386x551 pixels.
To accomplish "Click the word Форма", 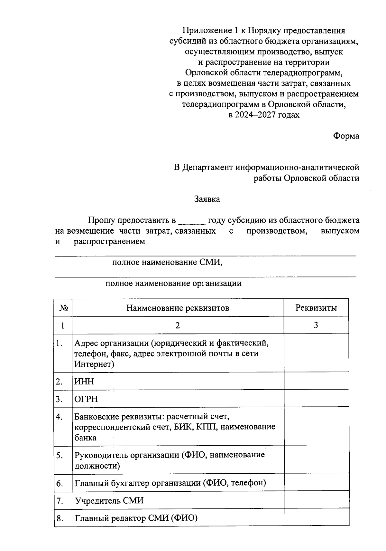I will pyautogui.click(x=346, y=136).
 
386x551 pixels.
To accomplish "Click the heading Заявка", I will pyautogui.click(x=207, y=199).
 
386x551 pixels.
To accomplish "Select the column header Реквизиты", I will pyautogui.click(x=316, y=308).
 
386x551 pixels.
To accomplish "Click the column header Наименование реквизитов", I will pyautogui.click(x=178, y=308).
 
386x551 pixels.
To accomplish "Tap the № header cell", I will pyautogui.click(x=63, y=308).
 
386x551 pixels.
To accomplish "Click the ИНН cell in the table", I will pyautogui.click(x=84, y=382).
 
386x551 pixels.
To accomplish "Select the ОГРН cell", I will pyautogui.click(x=86, y=399).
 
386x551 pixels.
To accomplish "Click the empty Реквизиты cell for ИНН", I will pyautogui.click(x=316, y=381).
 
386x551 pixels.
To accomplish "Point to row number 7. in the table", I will pyautogui.click(x=60, y=501).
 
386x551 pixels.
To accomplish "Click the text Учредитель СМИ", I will pyautogui.click(x=109, y=501).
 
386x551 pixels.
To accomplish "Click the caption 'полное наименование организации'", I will pyautogui.click(x=173, y=284).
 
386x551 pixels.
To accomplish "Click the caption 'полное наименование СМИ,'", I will pyautogui.click(x=167, y=262).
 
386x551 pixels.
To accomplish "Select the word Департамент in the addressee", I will pyautogui.click(x=207, y=168).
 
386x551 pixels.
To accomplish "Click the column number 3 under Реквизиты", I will pyautogui.click(x=316, y=325).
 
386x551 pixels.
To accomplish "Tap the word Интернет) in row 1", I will pyautogui.click(x=94, y=364).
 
